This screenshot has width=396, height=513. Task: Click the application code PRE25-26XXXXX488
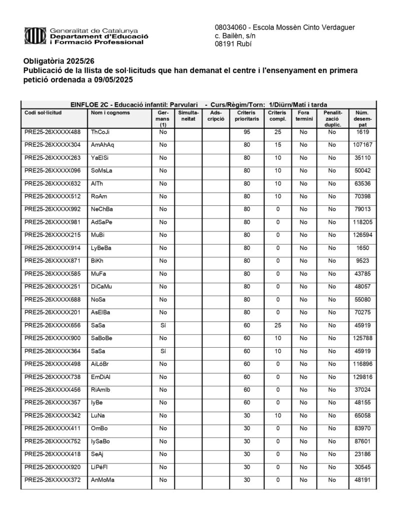[x=52, y=132]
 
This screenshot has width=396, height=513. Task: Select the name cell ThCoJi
[x=100, y=132]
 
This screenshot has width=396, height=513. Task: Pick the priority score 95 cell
[x=246, y=132]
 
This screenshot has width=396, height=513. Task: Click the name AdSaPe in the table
[x=102, y=222]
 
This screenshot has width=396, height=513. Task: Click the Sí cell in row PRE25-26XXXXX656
[x=163, y=326]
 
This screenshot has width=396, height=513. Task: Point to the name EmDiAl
[x=101, y=377]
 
